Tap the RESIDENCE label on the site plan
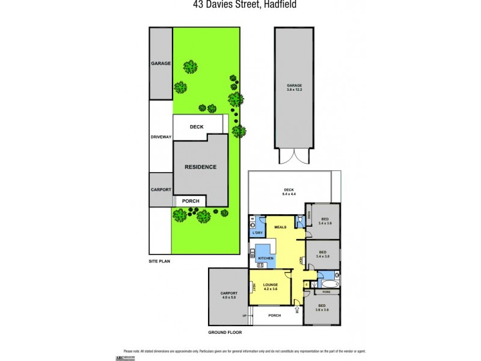(200, 167)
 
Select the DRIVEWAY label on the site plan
(161, 137)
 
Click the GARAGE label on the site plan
(161, 63)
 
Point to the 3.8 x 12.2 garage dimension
(294, 90)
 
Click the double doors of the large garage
(294, 158)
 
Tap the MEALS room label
(280, 227)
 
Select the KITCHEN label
(266, 258)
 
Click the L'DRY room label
(258, 233)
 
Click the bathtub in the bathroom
(330, 283)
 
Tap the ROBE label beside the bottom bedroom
(326, 292)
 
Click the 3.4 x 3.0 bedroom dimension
(323, 256)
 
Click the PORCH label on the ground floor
(275, 315)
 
